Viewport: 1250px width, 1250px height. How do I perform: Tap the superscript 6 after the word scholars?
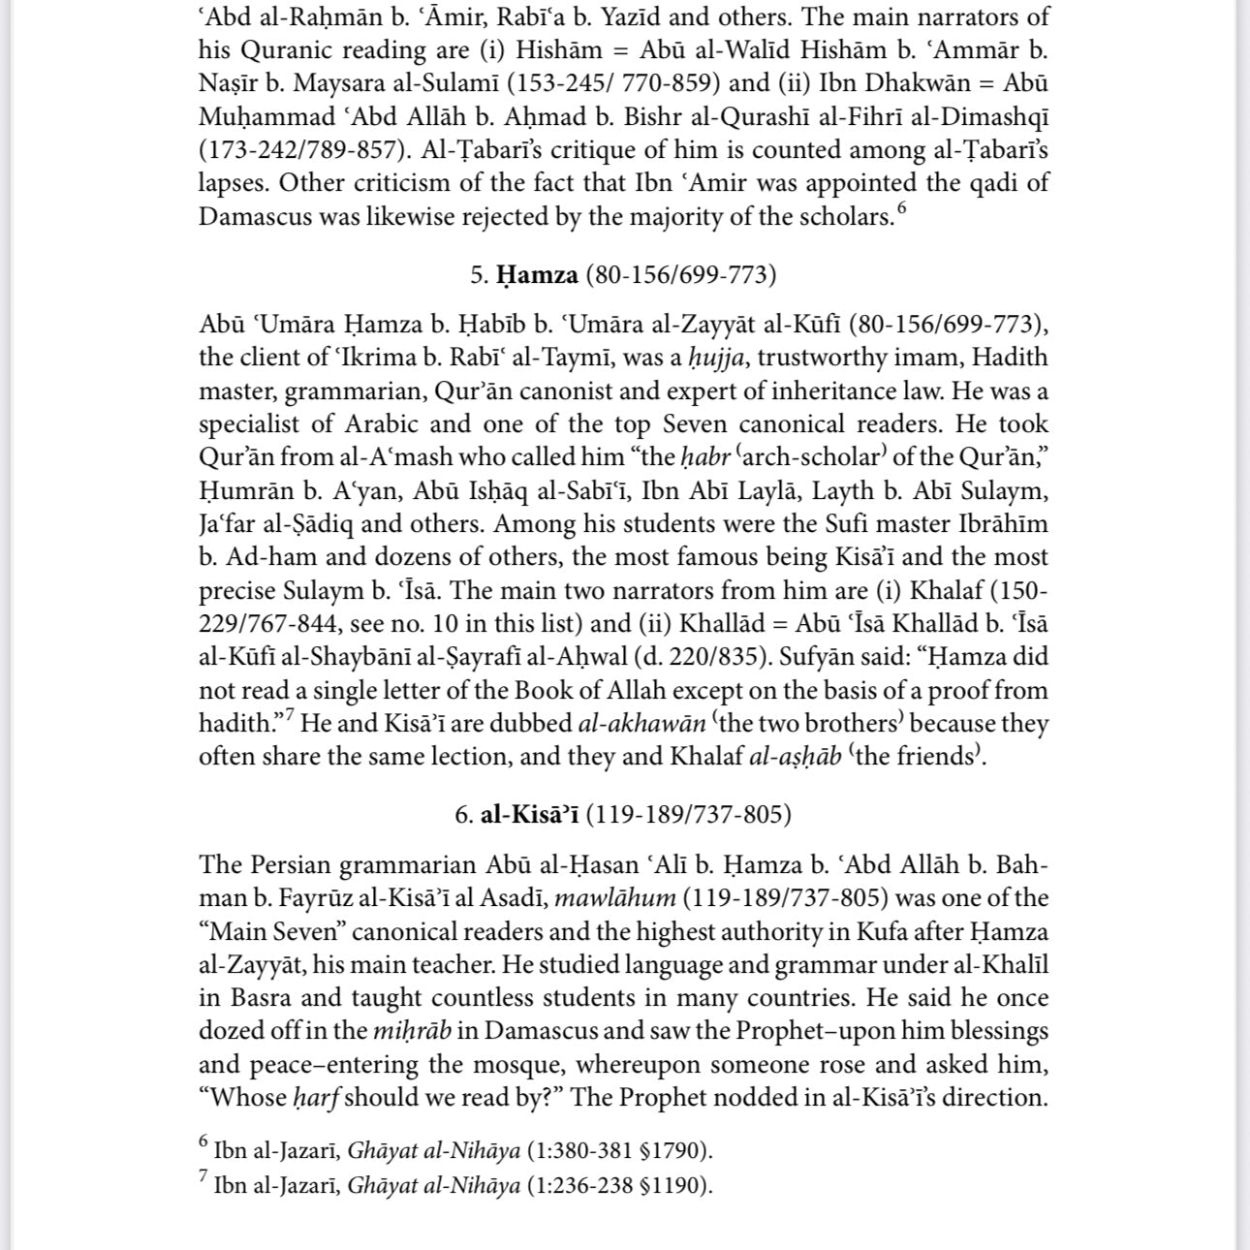point(902,207)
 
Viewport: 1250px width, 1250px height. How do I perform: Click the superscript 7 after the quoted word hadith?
point(289,717)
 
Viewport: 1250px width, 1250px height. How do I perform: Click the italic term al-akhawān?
point(641,724)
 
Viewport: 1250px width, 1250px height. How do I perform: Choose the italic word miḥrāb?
point(412,1031)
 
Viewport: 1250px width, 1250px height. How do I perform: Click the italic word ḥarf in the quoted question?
point(315,1098)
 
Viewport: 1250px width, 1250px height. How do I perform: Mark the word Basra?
point(262,998)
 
